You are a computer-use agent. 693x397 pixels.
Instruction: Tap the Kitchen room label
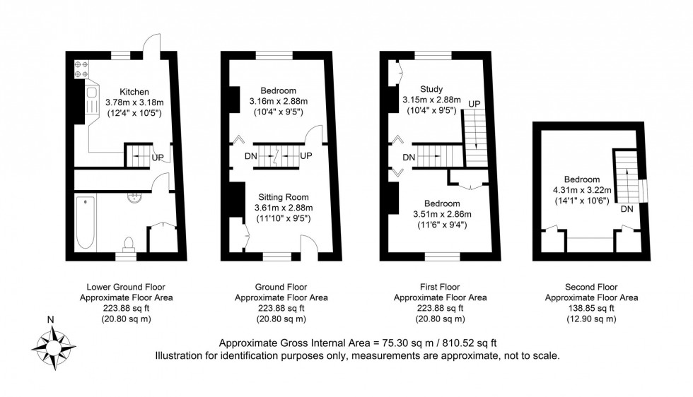pos(134,92)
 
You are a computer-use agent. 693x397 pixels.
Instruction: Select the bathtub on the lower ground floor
pos(85,222)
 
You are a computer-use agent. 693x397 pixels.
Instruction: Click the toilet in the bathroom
pos(128,244)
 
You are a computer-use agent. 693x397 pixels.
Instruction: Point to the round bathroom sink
pos(134,198)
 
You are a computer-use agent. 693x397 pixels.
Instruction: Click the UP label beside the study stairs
pos(474,104)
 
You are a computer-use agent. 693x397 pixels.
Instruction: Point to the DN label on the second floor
pos(626,209)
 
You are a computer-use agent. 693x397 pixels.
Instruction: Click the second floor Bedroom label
pos(582,179)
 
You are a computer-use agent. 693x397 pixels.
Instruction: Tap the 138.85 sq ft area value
pos(591,309)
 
